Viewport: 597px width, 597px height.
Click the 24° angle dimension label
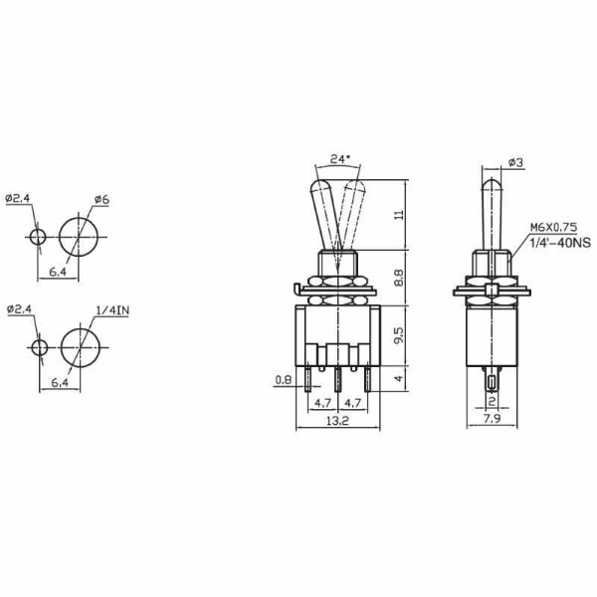339,159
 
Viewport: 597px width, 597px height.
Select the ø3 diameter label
515,163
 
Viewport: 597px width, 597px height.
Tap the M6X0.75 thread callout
553,227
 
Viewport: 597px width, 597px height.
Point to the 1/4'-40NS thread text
560,243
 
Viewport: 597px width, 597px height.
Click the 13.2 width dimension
337,421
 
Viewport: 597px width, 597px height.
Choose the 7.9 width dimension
492,419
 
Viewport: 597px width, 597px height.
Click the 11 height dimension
398,214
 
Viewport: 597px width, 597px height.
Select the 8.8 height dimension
398,278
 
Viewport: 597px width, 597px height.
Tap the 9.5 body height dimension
398,335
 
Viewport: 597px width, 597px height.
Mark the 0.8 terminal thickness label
283,380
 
